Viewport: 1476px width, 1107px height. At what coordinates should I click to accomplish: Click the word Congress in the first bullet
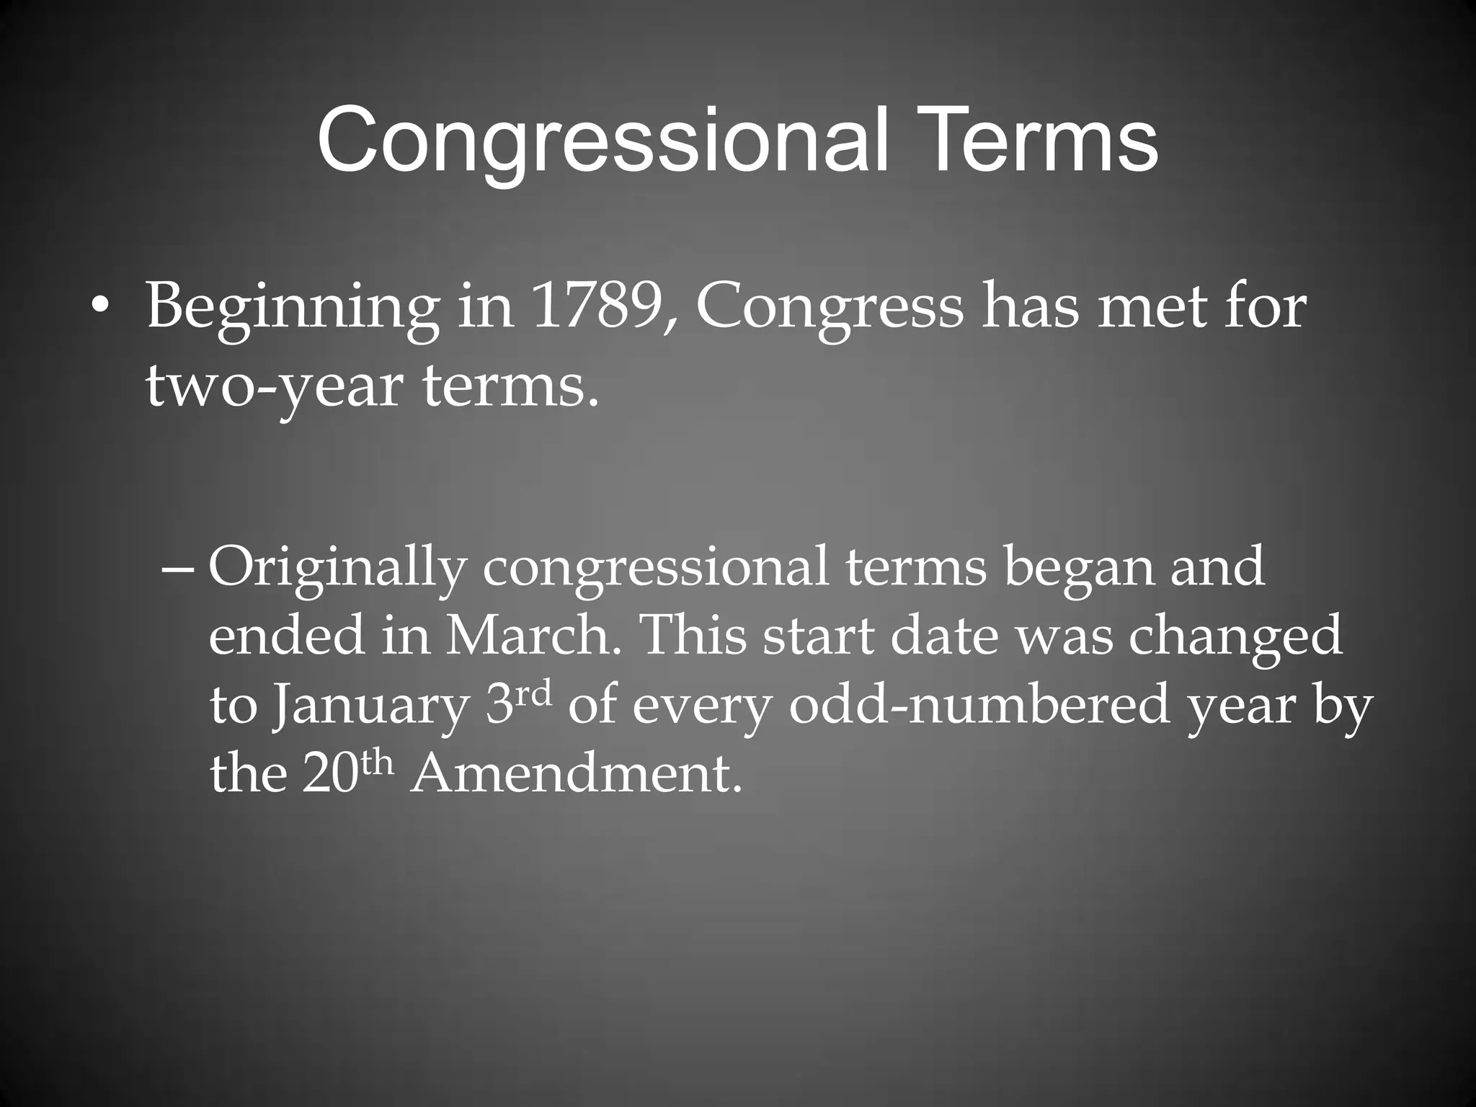830,308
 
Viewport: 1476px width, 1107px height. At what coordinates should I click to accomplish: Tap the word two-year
273,386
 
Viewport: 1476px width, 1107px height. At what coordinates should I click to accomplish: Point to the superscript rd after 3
534,693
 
